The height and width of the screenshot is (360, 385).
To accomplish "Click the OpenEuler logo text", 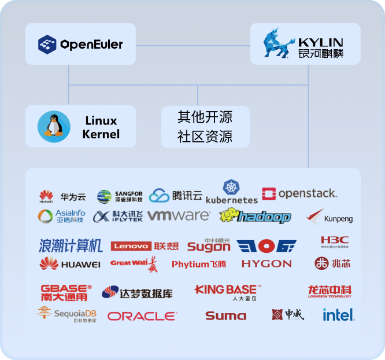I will coord(91,44).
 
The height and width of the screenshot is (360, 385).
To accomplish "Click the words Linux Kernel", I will coord(101,127).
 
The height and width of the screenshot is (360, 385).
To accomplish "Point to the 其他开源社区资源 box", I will coord(205,127).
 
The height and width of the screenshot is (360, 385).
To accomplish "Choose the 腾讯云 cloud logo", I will coord(176,196).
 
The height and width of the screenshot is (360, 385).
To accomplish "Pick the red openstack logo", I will coord(299,194).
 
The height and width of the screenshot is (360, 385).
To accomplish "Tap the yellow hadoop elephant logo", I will coord(255,216).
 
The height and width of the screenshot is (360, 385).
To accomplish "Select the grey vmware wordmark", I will coord(179,216).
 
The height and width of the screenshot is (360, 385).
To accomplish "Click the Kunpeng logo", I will coord(330,218).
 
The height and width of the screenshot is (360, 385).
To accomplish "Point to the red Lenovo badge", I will coord(131,246).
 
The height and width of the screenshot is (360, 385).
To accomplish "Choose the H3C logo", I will coord(335,241).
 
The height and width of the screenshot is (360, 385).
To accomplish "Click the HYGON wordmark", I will coord(266,264).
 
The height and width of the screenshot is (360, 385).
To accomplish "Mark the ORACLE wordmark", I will coord(142,316).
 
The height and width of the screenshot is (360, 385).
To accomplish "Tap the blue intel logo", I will coord(338,315).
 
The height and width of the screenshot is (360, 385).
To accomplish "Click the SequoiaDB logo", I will coord(66,314).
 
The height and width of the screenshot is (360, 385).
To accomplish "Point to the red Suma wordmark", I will coord(225,316).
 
